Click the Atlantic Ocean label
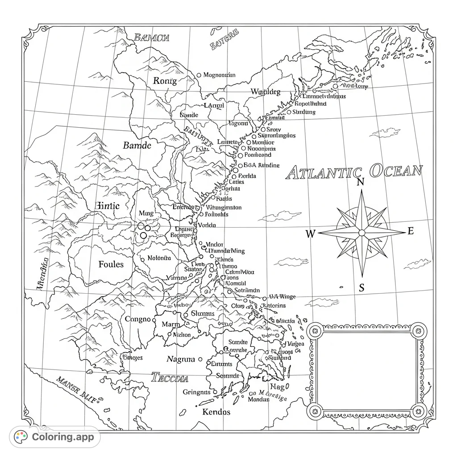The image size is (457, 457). [353, 172]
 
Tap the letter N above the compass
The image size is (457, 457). [361, 182]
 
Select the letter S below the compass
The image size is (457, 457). [361, 288]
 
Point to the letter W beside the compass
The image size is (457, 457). [311, 233]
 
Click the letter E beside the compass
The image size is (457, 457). [411, 231]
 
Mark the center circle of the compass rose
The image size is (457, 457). [361, 233]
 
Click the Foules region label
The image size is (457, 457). [111, 264]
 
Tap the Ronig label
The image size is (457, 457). [165, 81]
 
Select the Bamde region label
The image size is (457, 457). [137, 145]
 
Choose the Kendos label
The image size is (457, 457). [216, 411]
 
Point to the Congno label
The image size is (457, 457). [138, 319]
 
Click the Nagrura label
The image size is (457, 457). [181, 359]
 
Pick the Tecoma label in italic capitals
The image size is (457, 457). [170, 378]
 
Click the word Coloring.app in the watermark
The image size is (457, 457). [63, 436]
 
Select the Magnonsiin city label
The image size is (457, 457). [219, 75]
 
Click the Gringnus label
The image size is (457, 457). [196, 392]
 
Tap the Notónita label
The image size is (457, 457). [159, 258]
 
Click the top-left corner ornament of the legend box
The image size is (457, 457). [316, 331]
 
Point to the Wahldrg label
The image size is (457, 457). [266, 92]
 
